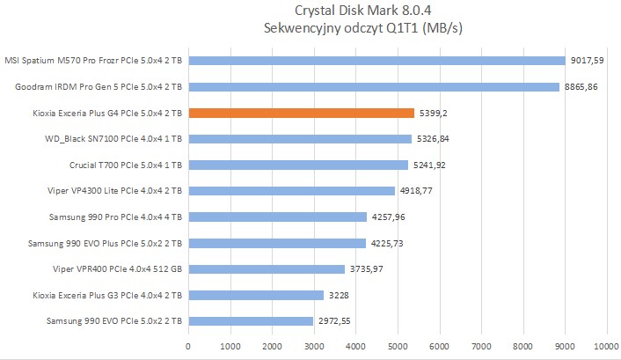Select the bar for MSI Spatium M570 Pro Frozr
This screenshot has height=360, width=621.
[376, 61]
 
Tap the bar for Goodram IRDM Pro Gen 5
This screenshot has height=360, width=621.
[373, 87]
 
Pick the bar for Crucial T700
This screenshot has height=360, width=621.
[297, 165]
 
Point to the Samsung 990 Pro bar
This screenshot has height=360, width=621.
[277, 217]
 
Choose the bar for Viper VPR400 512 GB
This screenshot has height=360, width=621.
[266, 268]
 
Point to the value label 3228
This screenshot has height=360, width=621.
[339, 295]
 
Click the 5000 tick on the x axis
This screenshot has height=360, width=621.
[398, 346]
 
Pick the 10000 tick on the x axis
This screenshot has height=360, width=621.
[606, 346]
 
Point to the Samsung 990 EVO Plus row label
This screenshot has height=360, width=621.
[106, 243]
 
